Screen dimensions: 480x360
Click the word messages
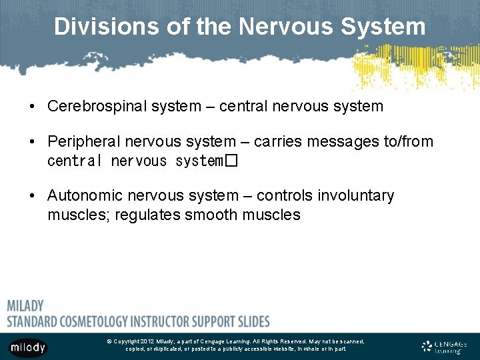tap(336, 141)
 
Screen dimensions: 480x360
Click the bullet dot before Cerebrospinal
tap(32, 107)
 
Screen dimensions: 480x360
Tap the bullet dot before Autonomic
tap(32, 196)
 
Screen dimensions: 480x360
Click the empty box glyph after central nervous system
tap(231, 161)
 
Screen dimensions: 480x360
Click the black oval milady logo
tap(27, 347)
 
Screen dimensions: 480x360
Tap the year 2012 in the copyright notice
tap(147, 341)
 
